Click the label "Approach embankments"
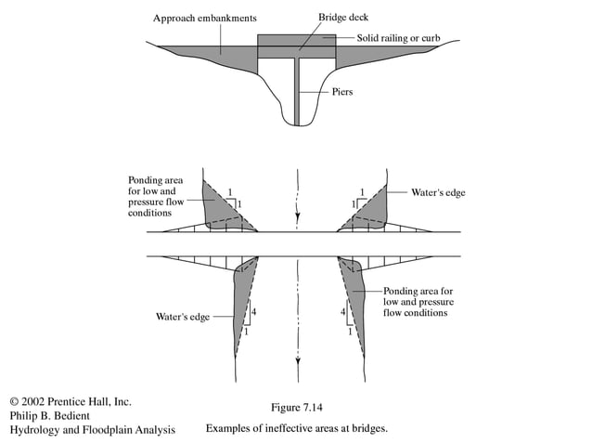tap(204, 19)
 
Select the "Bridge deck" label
tap(341, 18)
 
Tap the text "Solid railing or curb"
tap(398, 38)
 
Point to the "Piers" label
tap(342, 92)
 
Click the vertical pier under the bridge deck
tap(297, 93)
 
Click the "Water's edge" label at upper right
tap(438, 192)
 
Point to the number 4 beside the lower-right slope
tap(342, 312)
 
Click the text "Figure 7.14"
tap(296, 407)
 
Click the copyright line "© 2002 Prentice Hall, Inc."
tap(70, 401)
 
